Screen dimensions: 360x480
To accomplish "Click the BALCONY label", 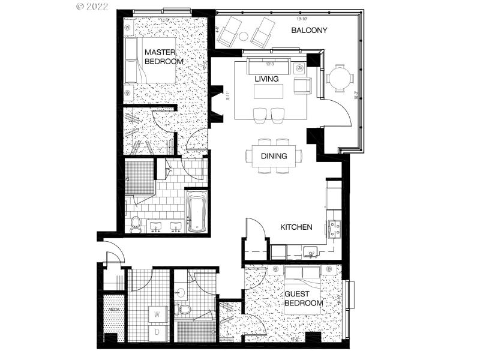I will [x=309, y=31].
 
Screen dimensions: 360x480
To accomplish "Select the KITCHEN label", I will [x=296, y=227].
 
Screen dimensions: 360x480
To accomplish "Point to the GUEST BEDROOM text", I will [x=303, y=299].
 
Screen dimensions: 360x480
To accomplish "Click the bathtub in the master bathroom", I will [x=197, y=212].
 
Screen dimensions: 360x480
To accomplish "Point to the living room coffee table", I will [x=268, y=92].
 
